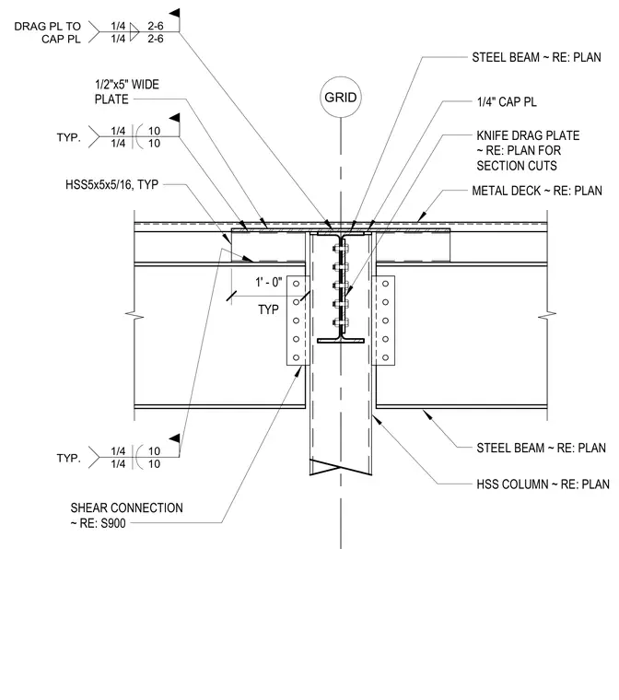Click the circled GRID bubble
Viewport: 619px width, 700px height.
click(x=340, y=97)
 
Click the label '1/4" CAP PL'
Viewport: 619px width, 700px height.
click(x=507, y=102)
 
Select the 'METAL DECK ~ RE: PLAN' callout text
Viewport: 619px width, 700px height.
click(x=537, y=191)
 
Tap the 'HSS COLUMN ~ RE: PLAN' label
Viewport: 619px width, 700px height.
click(x=543, y=484)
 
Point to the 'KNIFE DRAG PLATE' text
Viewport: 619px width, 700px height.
click(x=528, y=135)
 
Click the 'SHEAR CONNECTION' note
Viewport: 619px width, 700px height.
click(x=126, y=508)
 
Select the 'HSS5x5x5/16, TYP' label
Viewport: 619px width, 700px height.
click(x=111, y=184)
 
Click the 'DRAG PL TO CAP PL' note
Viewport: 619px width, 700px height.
click(x=47, y=32)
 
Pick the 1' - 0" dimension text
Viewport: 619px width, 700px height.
click(x=268, y=282)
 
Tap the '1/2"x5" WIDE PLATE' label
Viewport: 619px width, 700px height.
click(x=127, y=91)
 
